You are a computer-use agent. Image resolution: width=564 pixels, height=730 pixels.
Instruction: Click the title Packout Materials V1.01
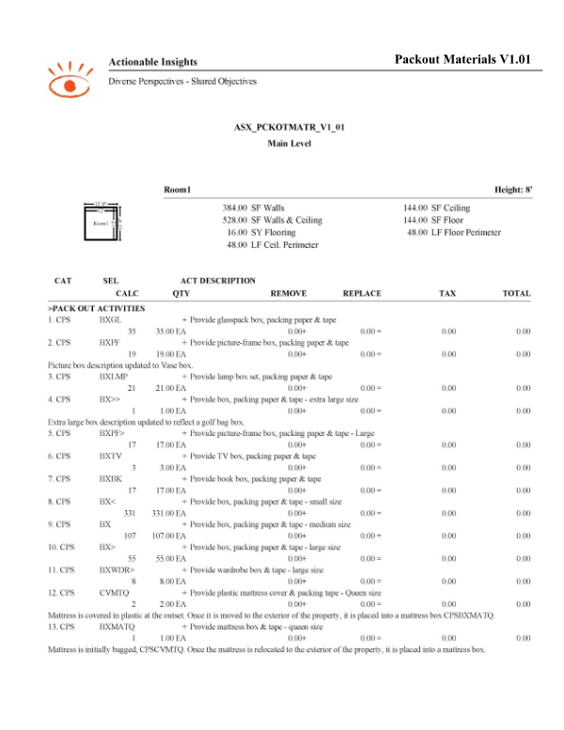pos(464,59)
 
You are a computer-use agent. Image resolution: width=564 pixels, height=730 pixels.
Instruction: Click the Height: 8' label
pos(513,190)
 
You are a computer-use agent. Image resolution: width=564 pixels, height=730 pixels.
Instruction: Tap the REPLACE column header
pos(362,293)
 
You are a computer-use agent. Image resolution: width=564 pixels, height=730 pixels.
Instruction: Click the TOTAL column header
pos(516,293)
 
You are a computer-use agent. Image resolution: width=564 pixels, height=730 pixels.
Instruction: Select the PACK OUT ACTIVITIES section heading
pos(96,308)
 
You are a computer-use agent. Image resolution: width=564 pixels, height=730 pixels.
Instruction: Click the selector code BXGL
pos(111,320)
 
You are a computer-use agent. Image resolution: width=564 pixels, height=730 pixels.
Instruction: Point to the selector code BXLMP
pos(114,377)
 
